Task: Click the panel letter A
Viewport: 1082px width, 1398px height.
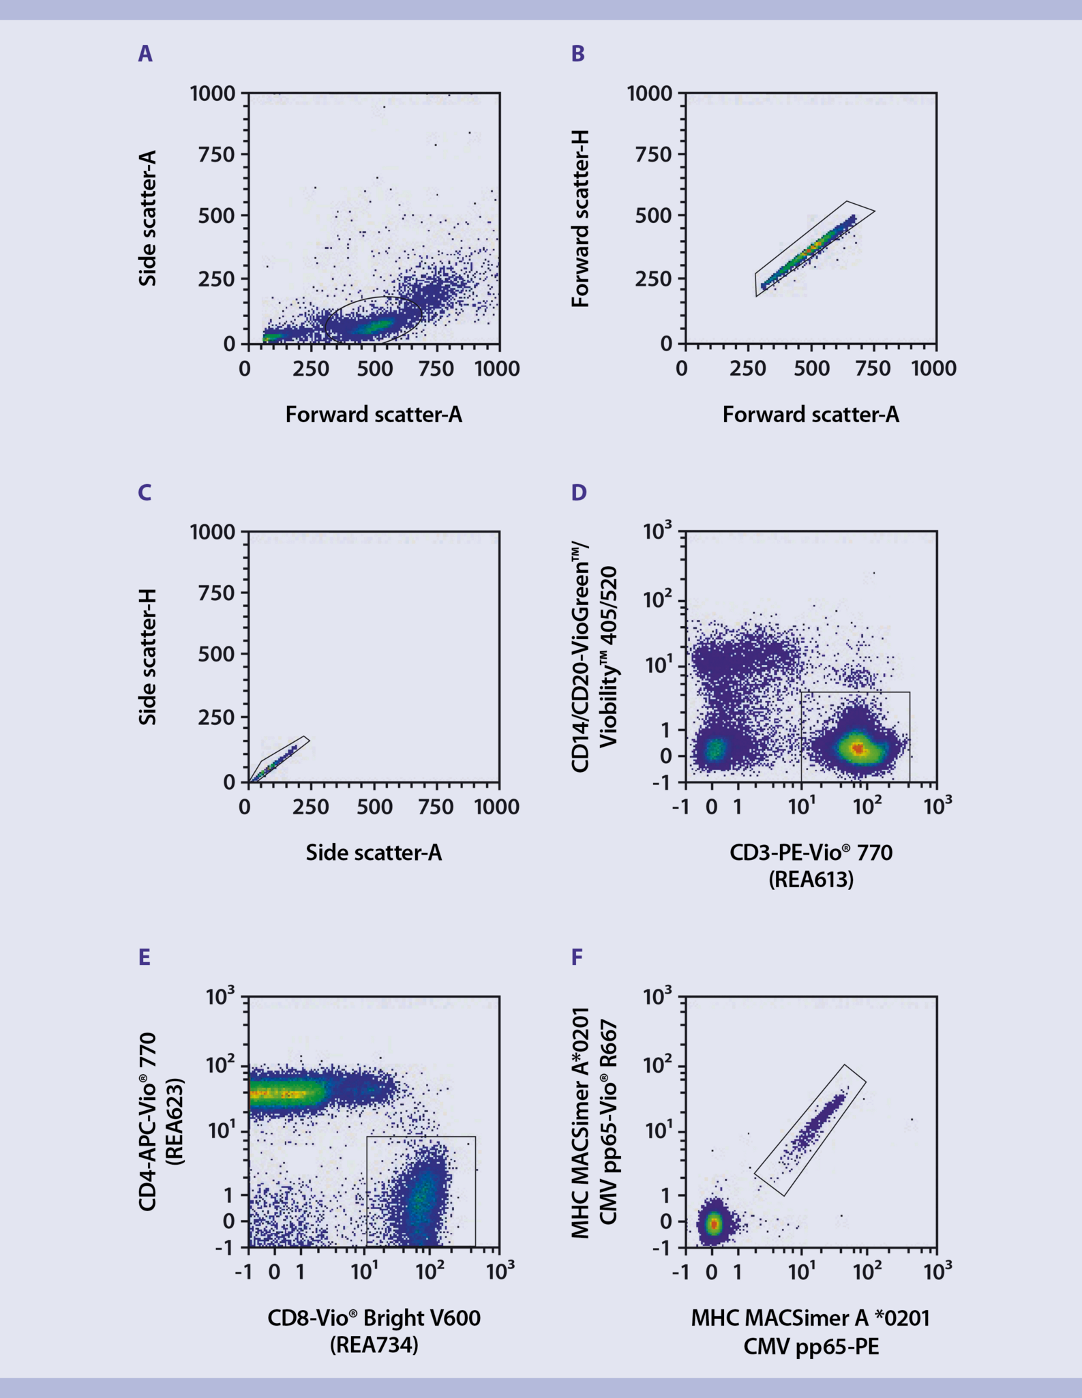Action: point(145,54)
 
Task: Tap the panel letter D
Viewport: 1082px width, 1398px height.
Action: point(578,492)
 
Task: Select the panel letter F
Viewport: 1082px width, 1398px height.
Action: point(577,957)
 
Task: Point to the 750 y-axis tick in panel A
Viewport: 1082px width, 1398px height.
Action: point(216,154)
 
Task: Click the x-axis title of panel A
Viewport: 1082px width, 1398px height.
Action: point(374,415)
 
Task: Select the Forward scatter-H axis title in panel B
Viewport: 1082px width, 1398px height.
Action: point(580,219)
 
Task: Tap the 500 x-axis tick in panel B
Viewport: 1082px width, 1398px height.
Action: point(811,369)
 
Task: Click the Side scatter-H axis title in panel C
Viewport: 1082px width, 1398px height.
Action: point(148,657)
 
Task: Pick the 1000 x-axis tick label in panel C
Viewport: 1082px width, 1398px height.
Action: point(497,807)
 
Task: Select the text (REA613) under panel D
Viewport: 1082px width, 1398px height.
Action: point(811,880)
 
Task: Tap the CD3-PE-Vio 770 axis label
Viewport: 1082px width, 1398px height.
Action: point(811,852)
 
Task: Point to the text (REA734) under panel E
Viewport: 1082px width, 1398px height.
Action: point(374,1345)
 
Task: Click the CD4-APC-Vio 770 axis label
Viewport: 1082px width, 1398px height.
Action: point(148,1121)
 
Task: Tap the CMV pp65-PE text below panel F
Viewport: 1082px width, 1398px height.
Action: point(811,1346)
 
